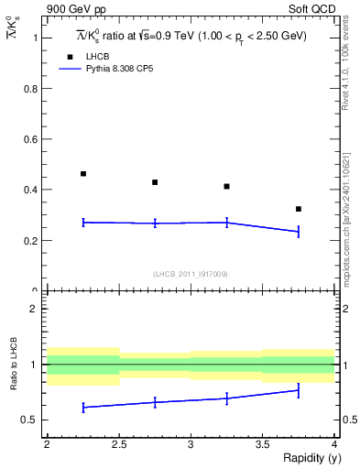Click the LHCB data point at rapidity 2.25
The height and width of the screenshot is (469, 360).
click(x=83, y=173)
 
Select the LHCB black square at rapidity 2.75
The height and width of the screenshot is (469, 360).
click(x=155, y=182)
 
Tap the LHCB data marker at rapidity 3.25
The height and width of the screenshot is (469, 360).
click(x=226, y=186)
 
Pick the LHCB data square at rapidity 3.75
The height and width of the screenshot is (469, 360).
click(x=298, y=209)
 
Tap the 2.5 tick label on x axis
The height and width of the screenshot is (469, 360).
click(x=119, y=444)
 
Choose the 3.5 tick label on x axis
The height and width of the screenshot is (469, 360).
click(x=262, y=444)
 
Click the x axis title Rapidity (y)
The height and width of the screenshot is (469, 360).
click(x=306, y=458)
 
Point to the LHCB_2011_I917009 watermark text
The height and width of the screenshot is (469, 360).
click(x=191, y=274)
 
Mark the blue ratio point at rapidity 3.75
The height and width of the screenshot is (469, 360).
click(x=298, y=391)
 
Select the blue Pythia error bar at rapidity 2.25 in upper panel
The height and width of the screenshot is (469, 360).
click(x=83, y=222)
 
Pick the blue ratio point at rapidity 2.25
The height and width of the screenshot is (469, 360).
click(x=83, y=407)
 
